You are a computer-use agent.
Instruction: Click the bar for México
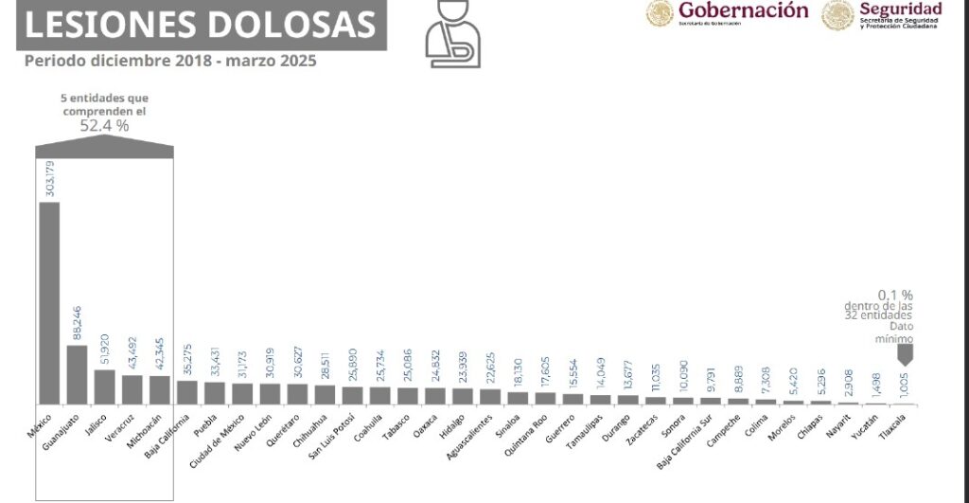pos(49,303)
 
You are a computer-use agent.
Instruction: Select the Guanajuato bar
pos(77,374)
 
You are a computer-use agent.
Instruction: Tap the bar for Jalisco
pos(104,386)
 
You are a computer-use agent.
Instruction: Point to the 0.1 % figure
pos(895,295)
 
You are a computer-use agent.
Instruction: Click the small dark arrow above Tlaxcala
pos(906,354)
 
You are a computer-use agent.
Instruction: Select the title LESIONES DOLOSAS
pos(199,25)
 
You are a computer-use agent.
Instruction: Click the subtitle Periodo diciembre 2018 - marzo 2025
pos(170,62)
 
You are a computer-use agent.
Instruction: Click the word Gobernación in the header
pos(743,10)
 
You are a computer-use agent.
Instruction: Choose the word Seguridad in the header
pos(900,9)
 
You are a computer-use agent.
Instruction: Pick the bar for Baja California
pos(186,392)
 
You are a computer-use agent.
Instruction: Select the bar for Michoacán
pos(159,389)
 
